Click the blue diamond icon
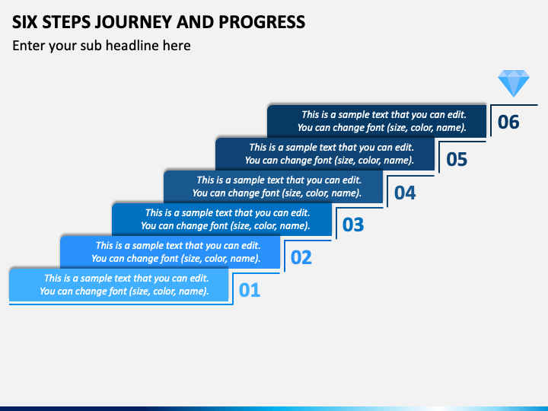[x=514, y=83]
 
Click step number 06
[x=508, y=122]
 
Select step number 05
[x=457, y=159]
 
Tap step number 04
[x=405, y=193]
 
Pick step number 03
[x=353, y=225]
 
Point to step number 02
[x=301, y=257]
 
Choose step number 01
[x=250, y=290]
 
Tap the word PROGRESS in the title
[x=262, y=22]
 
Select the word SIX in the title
[x=25, y=22]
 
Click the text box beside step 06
[x=377, y=121]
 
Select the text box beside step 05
[x=325, y=154]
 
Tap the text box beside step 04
[x=273, y=186]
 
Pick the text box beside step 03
[x=222, y=219]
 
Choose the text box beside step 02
[x=170, y=252]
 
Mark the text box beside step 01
[x=119, y=285]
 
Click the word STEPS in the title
[x=66, y=22]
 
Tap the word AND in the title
[x=196, y=22]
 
